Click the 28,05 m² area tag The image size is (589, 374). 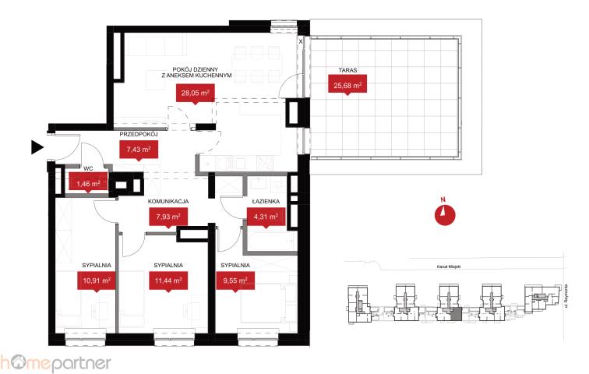click(x=196, y=93)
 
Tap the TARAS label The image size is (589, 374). click(x=347, y=70)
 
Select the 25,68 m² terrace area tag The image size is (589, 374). click(x=347, y=84)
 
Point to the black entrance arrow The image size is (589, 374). click(x=37, y=147)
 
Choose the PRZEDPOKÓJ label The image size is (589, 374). click(x=138, y=134)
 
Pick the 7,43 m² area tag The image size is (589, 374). click(x=139, y=150)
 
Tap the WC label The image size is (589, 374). click(x=88, y=168)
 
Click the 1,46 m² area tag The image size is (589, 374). click(x=88, y=183)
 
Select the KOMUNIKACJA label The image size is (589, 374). click(x=168, y=201)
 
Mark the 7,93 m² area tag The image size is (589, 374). click(x=168, y=217)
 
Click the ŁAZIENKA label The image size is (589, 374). click(x=266, y=201)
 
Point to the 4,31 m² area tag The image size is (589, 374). click(x=266, y=217)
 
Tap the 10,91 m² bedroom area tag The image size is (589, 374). click(x=97, y=280)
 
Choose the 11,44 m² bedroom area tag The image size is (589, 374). click(x=168, y=280)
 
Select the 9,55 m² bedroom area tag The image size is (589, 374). click(x=235, y=280)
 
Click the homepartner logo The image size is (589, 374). click(x=55, y=363)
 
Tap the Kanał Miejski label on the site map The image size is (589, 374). click(x=449, y=266)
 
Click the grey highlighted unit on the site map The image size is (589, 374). click(x=455, y=314)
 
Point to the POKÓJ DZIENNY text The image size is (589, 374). click(x=196, y=69)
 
